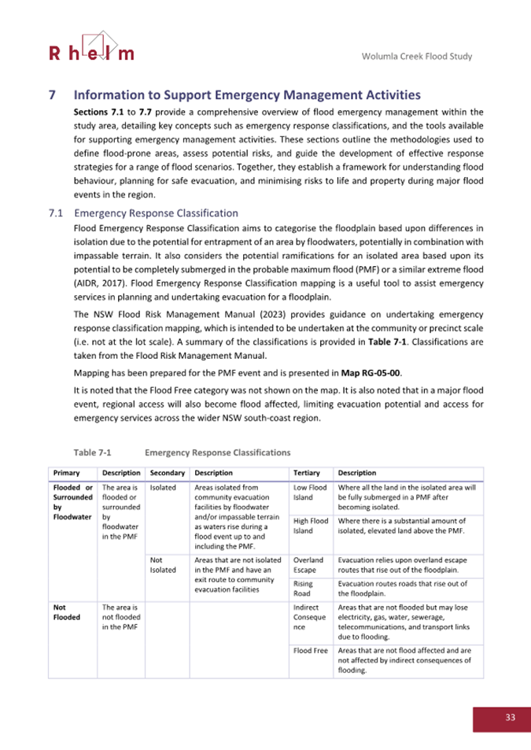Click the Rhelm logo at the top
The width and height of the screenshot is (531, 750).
click(x=91, y=48)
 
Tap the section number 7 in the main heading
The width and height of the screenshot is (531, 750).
click(x=53, y=95)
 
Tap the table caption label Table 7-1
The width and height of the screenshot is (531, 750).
click(x=94, y=453)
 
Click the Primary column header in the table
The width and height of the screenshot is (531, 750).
click(x=65, y=473)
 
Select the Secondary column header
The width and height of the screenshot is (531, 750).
click(x=167, y=473)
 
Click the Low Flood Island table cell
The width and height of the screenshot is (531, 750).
click(x=309, y=493)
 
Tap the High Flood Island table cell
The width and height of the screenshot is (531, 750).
click(x=310, y=526)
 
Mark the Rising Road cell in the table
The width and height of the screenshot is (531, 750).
click(x=303, y=589)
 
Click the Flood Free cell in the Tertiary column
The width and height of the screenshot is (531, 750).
click(x=310, y=651)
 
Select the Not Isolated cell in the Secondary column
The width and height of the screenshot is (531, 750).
click(x=162, y=564)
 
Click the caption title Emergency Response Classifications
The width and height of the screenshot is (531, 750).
click(x=217, y=453)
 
